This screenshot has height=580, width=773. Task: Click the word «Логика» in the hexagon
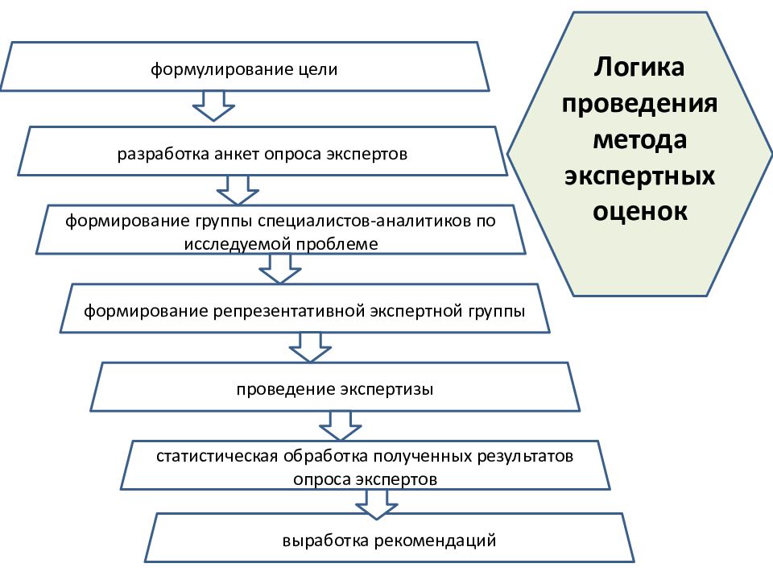point(639,68)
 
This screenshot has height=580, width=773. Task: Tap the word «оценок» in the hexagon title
point(640,211)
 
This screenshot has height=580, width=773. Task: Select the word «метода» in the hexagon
point(640,139)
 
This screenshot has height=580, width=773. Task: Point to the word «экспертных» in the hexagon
point(639,176)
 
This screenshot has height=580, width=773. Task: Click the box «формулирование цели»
point(245,67)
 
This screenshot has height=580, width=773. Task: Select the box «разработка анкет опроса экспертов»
point(262,151)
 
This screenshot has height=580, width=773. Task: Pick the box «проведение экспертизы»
point(335,387)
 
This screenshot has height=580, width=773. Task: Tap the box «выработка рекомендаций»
point(390,538)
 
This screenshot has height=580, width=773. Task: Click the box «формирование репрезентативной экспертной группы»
point(304,309)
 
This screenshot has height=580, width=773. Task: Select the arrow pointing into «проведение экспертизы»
point(310,348)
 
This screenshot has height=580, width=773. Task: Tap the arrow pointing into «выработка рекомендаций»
point(377,504)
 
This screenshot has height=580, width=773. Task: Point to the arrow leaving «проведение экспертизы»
point(341,426)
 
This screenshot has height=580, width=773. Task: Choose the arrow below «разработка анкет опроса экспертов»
point(238,190)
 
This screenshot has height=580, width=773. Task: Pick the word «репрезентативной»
point(289,312)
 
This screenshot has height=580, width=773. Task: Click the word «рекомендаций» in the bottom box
point(436,541)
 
